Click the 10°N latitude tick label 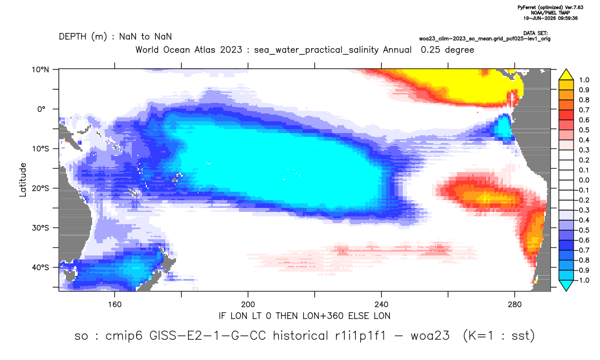(x=40, y=70)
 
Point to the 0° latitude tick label (x=42, y=109)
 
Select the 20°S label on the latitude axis (x=40, y=188)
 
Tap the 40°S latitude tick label (x=40, y=267)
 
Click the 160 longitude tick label (x=115, y=305)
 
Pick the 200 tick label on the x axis (x=248, y=305)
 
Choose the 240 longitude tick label (x=382, y=305)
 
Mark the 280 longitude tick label (x=515, y=305)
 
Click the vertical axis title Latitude (x=23, y=180)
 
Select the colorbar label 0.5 (x=584, y=130)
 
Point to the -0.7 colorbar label (x=582, y=250)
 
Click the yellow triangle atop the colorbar (x=566, y=75)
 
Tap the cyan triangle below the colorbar (x=566, y=285)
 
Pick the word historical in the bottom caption (x=301, y=335)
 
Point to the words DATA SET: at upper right (x=535, y=34)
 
